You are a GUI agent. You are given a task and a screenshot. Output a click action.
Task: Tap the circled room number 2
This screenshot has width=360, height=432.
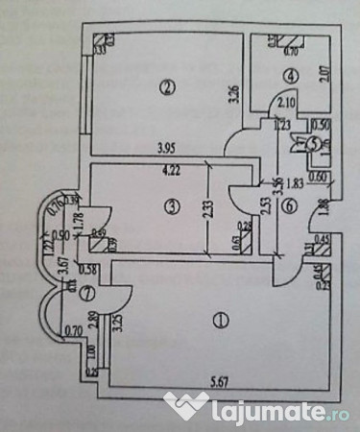tap(168, 87)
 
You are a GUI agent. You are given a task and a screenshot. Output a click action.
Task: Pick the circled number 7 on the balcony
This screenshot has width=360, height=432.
tap(61, 293)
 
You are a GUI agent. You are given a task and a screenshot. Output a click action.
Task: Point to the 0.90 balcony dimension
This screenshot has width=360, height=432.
tap(61, 234)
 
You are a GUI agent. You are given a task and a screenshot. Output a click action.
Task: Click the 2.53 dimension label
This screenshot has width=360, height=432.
tap(264, 206)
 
